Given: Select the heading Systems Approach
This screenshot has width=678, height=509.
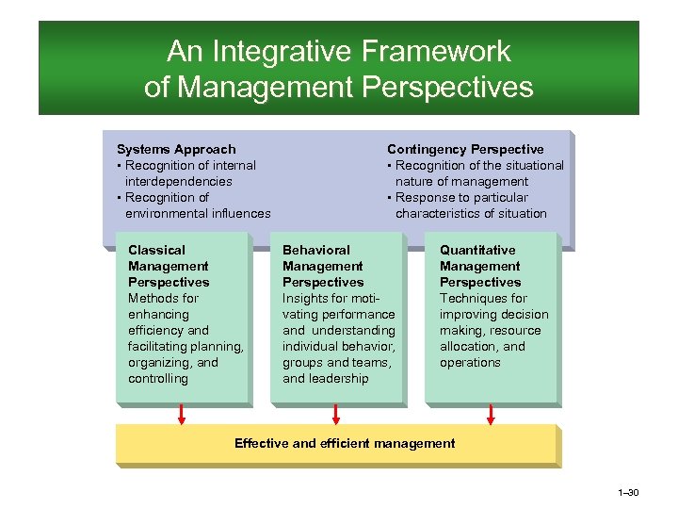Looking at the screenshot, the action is tap(176, 149).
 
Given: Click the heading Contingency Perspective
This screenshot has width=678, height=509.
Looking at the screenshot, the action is tap(465, 149).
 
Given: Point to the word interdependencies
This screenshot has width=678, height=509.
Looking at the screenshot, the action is tap(178, 181).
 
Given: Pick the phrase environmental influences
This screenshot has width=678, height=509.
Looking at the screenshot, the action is tap(198, 213).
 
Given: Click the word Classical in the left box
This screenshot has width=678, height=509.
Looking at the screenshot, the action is tap(156, 250).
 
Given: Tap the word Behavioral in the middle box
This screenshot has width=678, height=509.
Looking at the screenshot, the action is tap(316, 250).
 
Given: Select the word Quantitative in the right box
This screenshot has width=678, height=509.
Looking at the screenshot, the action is tap(477, 250).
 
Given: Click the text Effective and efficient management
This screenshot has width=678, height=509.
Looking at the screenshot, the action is tap(345, 443).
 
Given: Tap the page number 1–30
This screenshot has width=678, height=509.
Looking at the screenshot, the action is tap(628, 493).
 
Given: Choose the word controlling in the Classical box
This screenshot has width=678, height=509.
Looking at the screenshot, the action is tap(158, 378).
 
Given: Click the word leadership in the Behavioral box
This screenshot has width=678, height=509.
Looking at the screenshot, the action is tap(339, 378).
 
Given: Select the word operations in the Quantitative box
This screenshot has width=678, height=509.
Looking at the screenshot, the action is tap(470, 362).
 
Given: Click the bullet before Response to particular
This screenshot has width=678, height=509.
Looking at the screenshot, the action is tap(389, 197).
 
